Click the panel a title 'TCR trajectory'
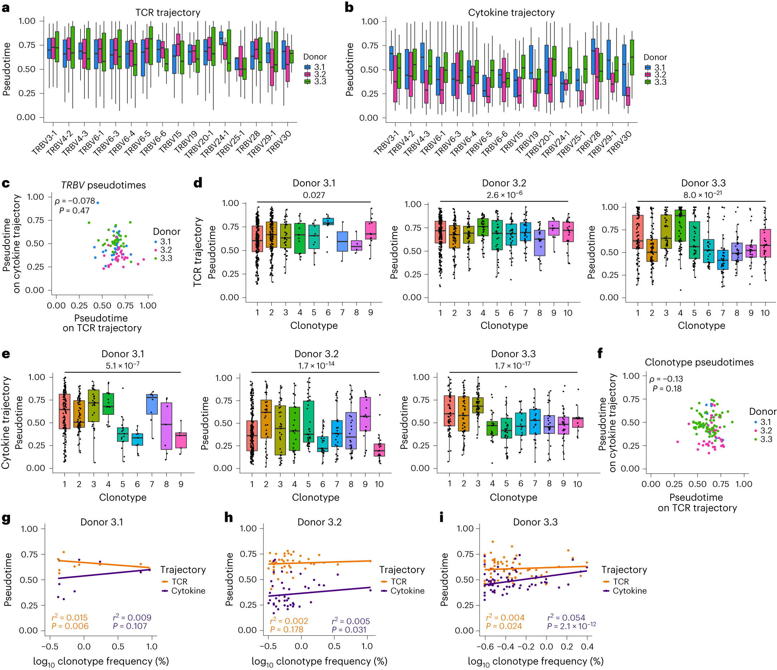point(167,13)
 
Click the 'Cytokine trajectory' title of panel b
point(511,13)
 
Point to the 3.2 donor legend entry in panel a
point(320,74)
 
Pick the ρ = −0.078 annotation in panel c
point(75,201)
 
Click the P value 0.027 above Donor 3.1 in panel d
point(314,195)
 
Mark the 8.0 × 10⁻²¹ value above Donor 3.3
point(702,195)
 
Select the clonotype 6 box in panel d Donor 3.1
point(328,221)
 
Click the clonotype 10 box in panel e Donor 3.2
point(379,450)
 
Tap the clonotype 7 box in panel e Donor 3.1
point(152,404)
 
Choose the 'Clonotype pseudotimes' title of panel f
point(699,362)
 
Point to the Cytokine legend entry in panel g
point(188,591)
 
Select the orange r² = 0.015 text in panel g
point(69,617)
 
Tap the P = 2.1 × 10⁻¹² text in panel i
point(571,626)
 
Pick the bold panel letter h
point(228,518)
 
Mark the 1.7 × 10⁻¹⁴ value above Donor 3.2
point(316,365)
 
